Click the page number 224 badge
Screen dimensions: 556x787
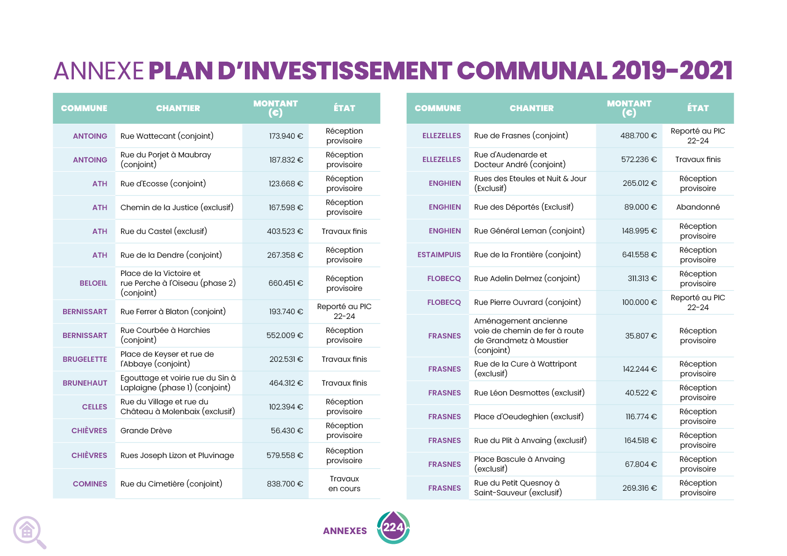pyautogui.click(x=393, y=528)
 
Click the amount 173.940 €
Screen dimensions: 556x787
pyautogui.click(x=286, y=136)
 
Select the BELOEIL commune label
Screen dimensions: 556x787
pyautogui.click(x=93, y=283)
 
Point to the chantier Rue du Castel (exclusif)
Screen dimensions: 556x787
pyautogui.click(x=164, y=232)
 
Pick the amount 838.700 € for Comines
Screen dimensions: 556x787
pyautogui.click(x=285, y=484)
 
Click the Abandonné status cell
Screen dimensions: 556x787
pyautogui.click(x=698, y=207)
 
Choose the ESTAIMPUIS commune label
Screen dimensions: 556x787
pyautogui.click(x=439, y=255)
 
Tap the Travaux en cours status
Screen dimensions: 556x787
pyautogui.click(x=344, y=484)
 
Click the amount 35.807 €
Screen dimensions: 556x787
pyautogui.click(x=641, y=336)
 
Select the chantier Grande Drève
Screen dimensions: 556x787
pyautogui.click(x=146, y=431)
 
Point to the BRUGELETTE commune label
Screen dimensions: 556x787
pyautogui.click(x=85, y=359)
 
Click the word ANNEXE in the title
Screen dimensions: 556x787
pyautogui.click(x=99, y=71)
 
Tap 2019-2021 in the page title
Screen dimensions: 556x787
pyautogui.click(x=672, y=71)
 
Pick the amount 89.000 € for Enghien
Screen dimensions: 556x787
pyautogui.click(x=640, y=207)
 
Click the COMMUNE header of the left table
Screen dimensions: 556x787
pyautogui.click(x=84, y=108)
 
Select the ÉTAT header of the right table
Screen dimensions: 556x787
pyautogui.click(x=698, y=108)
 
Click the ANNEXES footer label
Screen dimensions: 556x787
pyautogui.click(x=345, y=531)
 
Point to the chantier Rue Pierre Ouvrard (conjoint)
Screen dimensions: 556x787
pyautogui.click(x=527, y=303)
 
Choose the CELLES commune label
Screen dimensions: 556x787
pyautogui.click(x=94, y=407)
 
